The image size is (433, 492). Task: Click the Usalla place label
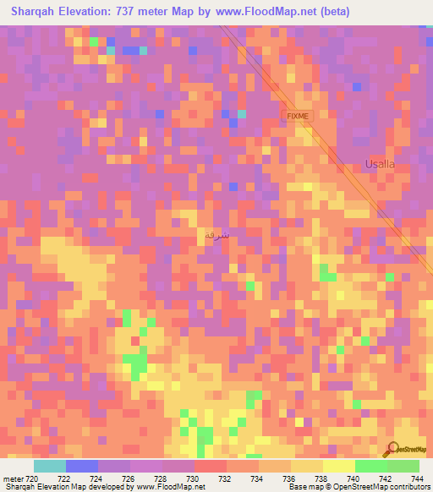tap(380, 164)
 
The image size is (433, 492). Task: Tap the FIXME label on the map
tap(298, 115)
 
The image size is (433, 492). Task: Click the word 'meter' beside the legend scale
tap(13, 479)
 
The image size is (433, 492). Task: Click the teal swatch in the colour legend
tap(50, 466)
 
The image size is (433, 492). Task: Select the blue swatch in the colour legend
tap(82, 466)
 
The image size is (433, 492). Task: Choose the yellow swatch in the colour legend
tap(339, 466)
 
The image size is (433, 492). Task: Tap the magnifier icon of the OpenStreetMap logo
tap(392, 449)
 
